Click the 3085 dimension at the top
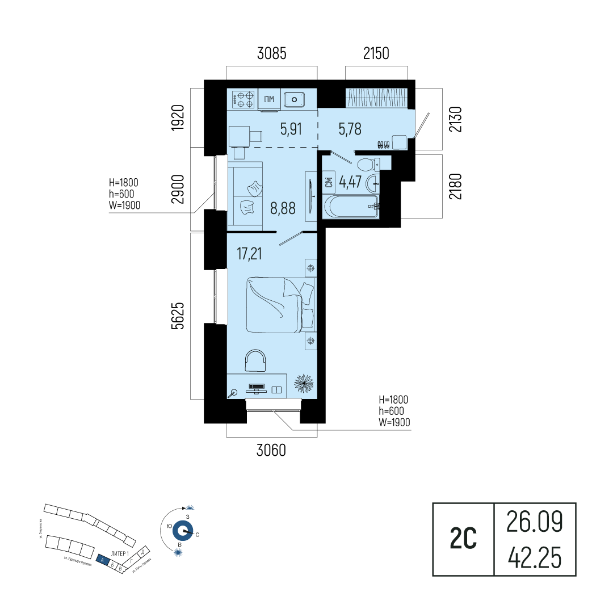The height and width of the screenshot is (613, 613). [272, 54]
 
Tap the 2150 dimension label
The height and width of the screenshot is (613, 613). [376, 54]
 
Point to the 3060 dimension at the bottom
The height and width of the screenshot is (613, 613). [271, 451]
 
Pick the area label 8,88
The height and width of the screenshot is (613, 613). [284, 208]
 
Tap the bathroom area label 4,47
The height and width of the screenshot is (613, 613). [350, 183]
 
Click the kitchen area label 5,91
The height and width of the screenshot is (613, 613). [291, 129]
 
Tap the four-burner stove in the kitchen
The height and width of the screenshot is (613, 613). [245, 100]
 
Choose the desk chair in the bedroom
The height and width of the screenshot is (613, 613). [255, 361]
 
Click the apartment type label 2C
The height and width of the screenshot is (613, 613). [463, 539]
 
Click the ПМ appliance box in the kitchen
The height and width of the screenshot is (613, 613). [270, 100]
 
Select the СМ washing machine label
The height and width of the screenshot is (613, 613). [329, 183]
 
